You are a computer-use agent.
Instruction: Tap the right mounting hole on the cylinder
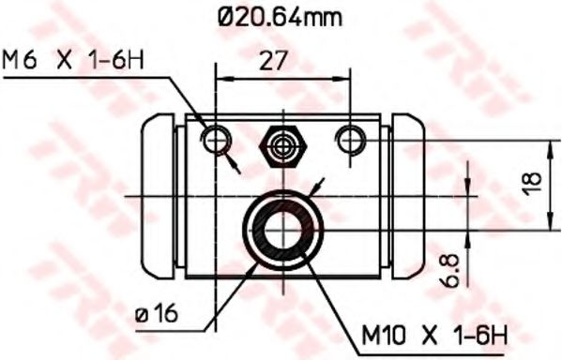352,141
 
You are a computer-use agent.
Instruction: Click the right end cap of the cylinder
409,196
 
